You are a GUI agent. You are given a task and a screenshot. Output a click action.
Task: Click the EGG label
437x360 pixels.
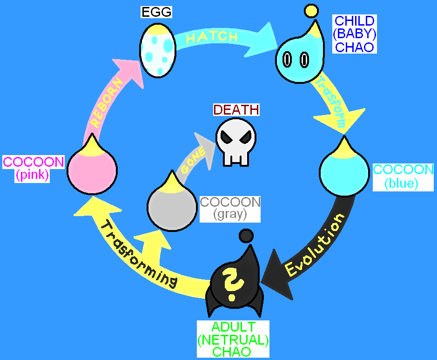(x=156, y=12)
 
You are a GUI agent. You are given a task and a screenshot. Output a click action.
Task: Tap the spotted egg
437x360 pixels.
(x=158, y=50)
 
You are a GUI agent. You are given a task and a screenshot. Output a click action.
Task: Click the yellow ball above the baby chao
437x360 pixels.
(x=311, y=11)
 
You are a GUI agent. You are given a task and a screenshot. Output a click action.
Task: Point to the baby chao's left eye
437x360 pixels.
(x=287, y=60)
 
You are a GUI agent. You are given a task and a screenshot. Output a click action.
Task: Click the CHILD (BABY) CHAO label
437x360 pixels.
(x=355, y=34)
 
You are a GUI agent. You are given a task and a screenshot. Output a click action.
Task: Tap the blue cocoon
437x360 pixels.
(x=344, y=167)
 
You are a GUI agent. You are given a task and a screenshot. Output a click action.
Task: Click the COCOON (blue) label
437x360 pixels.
(x=403, y=177)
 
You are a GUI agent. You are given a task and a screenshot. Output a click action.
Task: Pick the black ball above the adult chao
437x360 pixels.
(x=246, y=236)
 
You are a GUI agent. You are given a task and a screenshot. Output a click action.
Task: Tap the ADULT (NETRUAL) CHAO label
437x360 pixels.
(x=233, y=339)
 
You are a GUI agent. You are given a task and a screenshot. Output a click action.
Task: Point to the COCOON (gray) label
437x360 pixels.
(x=230, y=209)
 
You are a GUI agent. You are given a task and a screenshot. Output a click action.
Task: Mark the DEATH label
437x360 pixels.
(x=236, y=109)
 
